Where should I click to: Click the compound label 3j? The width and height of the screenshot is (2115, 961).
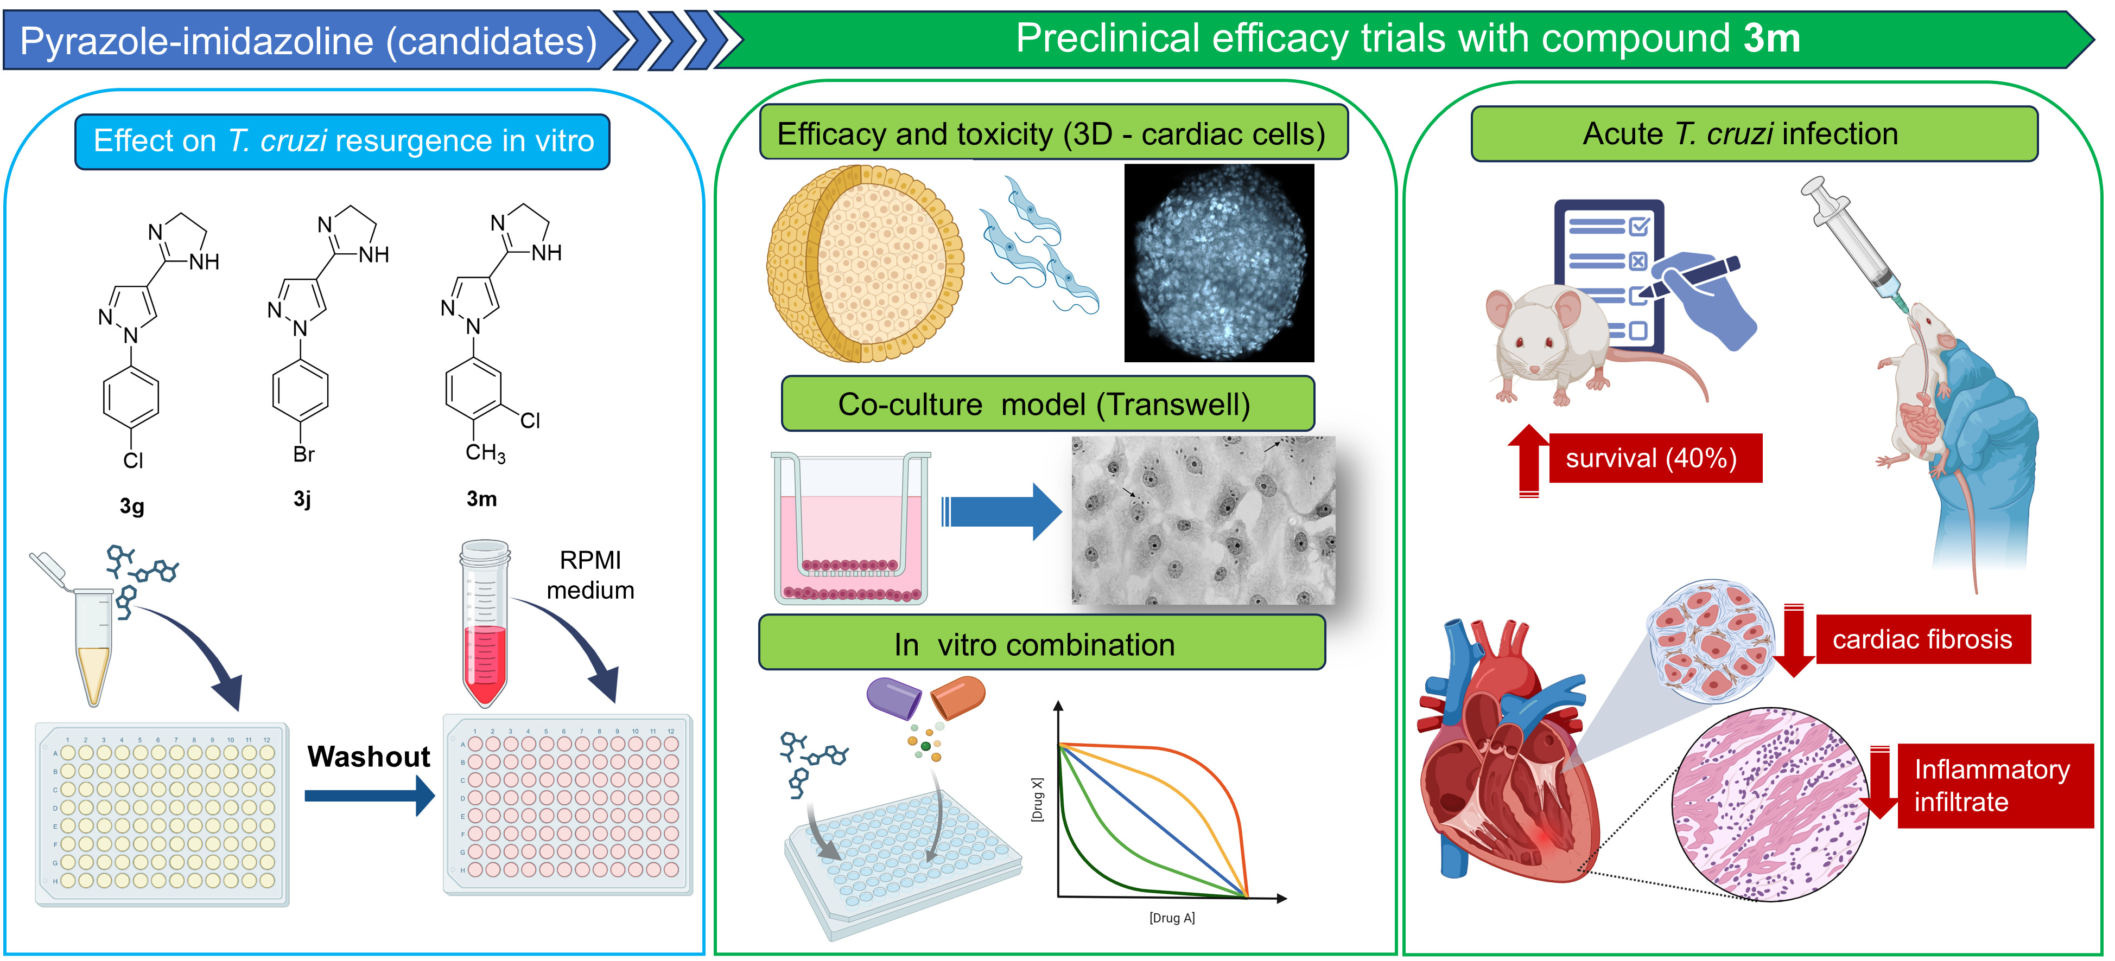coord(303,499)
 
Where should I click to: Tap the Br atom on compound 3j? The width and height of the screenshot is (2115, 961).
coord(304,454)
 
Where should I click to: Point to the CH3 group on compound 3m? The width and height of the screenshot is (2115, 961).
coord(485,452)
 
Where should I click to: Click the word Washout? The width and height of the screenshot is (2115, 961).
coord(369,756)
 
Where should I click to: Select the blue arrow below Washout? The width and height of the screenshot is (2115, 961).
coord(370,795)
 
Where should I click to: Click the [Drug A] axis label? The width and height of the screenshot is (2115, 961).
coord(1172,918)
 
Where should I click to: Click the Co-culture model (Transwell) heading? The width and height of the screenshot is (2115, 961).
coord(1044,404)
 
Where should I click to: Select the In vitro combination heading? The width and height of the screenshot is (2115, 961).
coord(1034,644)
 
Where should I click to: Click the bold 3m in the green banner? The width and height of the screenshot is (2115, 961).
coord(1772,38)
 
